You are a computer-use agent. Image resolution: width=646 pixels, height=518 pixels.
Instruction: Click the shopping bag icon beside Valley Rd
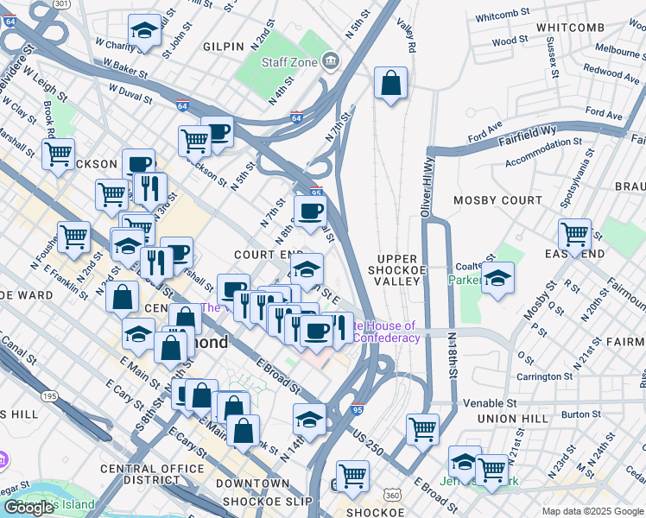[391, 84]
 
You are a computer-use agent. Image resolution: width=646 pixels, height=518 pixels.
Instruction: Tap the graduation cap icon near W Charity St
[144, 31]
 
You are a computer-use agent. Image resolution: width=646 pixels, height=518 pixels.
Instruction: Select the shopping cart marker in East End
[574, 234]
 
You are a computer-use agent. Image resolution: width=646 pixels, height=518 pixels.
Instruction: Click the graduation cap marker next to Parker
[497, 279]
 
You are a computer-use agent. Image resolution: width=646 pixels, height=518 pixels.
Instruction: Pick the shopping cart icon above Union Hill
[422, 428]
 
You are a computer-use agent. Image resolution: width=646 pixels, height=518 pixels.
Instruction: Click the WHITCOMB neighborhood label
[569, 28]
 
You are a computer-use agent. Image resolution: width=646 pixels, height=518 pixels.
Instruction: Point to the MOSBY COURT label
[491, 200]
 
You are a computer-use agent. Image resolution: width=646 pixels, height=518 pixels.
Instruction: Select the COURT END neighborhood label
[269, 255]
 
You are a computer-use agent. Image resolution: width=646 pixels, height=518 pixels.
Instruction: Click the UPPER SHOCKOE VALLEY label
[397, 269]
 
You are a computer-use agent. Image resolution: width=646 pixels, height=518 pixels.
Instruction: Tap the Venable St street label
[490, 402]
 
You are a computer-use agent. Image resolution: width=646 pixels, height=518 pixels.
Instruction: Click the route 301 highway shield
[61, 3]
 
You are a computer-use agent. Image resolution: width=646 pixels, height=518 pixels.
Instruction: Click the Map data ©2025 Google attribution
[592, 511]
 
